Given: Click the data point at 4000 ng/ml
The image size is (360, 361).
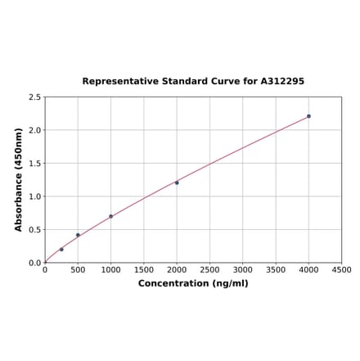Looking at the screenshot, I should (x=308, y=116).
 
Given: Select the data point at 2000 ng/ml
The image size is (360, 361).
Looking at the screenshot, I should (x=177, y=183).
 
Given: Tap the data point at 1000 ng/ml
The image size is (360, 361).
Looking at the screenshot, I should (x=110, y=216).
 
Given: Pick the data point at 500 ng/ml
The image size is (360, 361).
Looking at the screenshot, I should (x=78, y=235).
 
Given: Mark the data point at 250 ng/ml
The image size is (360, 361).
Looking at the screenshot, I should (x=61, y=249).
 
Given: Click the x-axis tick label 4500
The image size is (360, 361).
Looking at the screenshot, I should (x=341, y=269).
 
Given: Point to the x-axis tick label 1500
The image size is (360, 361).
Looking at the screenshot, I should (x=144, y=269).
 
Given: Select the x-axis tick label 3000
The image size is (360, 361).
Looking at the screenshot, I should (x=243, y=269).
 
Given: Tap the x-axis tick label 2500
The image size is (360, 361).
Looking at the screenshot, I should (x=209, y=269).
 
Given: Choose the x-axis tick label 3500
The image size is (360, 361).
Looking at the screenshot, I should (x=276, y=269).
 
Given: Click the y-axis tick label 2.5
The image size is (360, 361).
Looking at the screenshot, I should (x=35, y=97).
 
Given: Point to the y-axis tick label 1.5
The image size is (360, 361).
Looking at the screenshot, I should (x=35, y=164).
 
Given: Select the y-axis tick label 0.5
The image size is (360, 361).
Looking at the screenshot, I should (x=35, y=230).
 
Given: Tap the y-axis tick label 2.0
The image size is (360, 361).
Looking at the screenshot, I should (x=35, y=130).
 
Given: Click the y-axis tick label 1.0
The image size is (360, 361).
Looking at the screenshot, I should (x=35, y=196).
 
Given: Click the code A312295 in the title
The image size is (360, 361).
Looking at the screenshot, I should (x=282, y=82).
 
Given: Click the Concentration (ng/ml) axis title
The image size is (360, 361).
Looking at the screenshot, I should (x=193, y=283).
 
